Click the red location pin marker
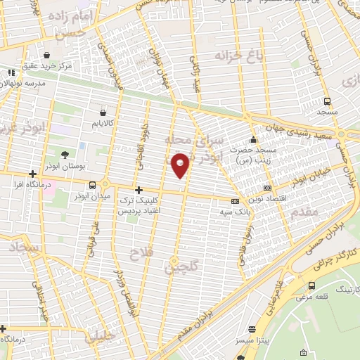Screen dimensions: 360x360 [x=181, y=165]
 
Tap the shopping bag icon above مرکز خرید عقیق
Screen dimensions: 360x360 [x=46, y=54]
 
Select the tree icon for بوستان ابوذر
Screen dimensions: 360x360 [x=65, y=154]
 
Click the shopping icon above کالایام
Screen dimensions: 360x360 [x=103, y=112]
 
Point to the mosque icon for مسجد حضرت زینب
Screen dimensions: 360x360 [x=253, y=139]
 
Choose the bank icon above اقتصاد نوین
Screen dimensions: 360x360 [x=267, y=188]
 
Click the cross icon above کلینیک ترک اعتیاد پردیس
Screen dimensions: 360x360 [x=139, y=190]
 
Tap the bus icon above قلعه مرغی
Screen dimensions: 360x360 [x=311, y=285]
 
